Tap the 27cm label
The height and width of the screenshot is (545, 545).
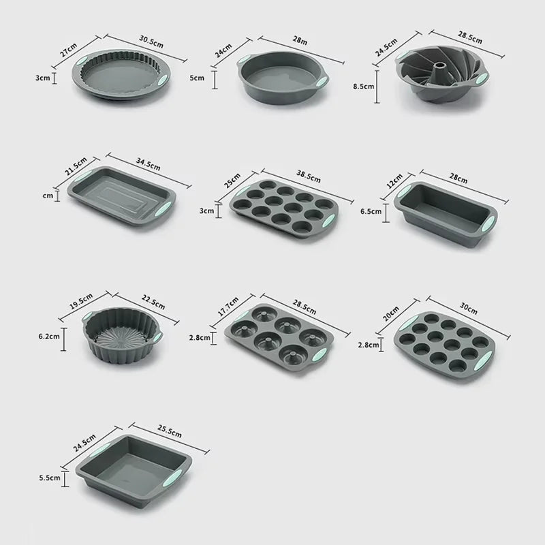coord(84,51)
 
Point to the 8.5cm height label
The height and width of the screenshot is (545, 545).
coord(362,87)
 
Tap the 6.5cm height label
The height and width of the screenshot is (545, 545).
coord(371,211)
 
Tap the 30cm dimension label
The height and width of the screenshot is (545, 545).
coord(469,309)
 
